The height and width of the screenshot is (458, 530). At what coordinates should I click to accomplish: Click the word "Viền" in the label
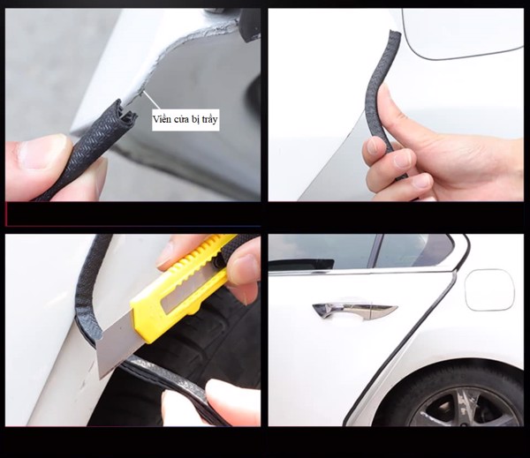point(161,119)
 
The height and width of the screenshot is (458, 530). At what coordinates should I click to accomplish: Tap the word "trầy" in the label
point(208,120)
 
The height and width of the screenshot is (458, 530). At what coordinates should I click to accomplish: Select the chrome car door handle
point(355,310)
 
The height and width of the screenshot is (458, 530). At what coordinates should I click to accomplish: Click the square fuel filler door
point(489,289)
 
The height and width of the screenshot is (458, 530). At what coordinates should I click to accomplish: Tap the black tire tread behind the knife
point(216,338)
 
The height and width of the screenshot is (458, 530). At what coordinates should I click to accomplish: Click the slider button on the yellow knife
point(217,259)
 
